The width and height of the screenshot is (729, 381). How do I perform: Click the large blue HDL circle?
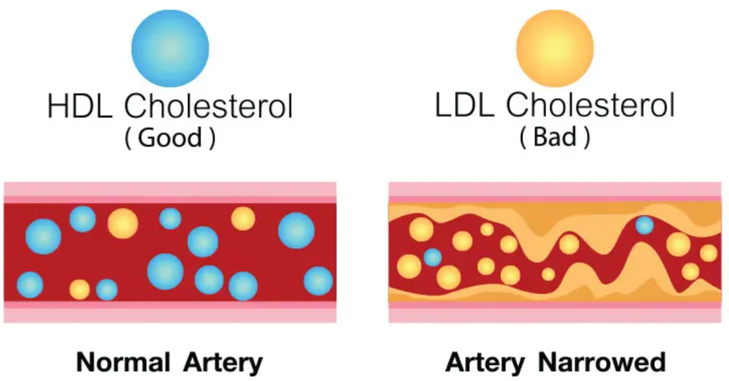click(x=170, y=48)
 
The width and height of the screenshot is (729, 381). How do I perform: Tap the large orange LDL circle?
click(x=555, y=48)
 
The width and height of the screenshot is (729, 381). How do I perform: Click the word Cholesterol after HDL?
click(x=209, y=108)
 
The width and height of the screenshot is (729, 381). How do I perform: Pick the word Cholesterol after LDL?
click(x=590, y=106)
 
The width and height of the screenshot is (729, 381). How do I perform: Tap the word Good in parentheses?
click(x=170, y=139)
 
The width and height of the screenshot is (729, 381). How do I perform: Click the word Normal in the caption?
click(x=123, y=363)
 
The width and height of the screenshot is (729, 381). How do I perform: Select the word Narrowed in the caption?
click(x=602, y=363)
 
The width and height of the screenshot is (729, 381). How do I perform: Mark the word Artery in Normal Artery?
click(x=223, y=363)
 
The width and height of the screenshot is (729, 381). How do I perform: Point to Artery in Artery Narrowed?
click(x=485, y=363)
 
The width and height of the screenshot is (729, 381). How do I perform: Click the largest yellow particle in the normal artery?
click(x=123, y=223)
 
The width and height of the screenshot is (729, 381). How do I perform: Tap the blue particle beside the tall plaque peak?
click(x=644, y=225)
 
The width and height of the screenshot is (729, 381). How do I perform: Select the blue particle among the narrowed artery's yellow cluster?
click(x=432, y=257)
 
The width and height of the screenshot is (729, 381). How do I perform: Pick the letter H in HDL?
click(x=58, y=108)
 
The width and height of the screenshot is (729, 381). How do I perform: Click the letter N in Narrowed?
click(x=548, y=363)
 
